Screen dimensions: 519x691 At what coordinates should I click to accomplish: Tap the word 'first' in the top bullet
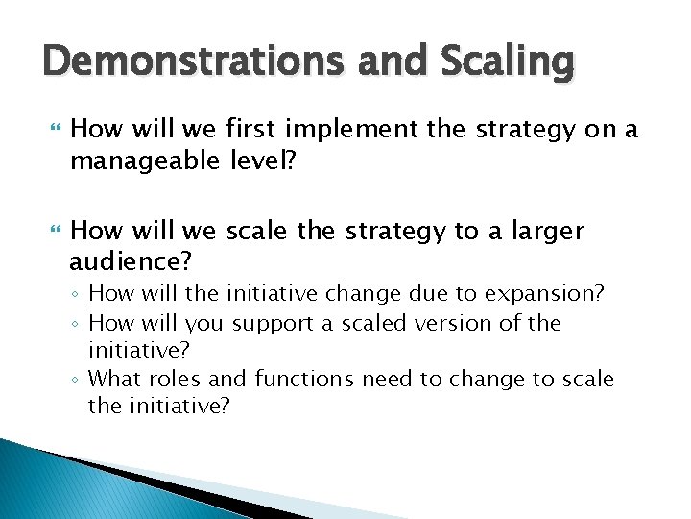coord(250,129)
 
